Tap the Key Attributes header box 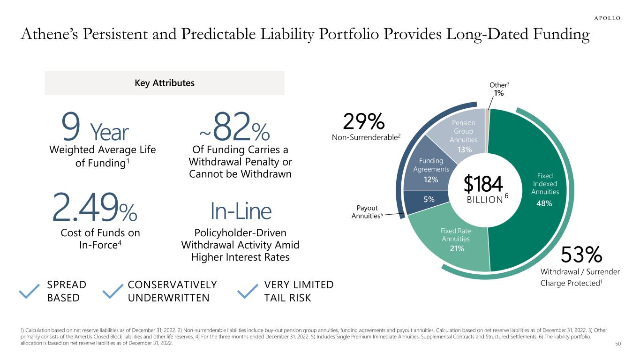coord(164,83)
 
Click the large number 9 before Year coord(71,130)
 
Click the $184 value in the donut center coord(483,184)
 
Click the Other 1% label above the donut coord(499,89)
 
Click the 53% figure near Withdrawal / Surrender coord(581,255)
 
